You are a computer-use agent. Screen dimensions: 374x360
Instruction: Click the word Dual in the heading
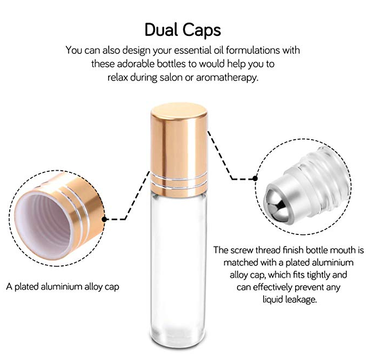pyautogui.click(x=161, y=29)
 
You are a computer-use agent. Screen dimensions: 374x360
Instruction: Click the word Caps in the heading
pyautogui.click(x=202, y=30)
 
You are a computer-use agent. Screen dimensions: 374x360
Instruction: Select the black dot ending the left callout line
pyautogui.click(x=104, y=219)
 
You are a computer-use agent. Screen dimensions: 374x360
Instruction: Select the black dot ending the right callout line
pyautogui.click(x=255, y=178)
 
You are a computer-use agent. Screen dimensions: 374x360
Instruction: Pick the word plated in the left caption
pyautogui.click(x=27, y=287)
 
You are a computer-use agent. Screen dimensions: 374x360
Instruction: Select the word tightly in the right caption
pyautogui.click(x=317, y=275)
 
